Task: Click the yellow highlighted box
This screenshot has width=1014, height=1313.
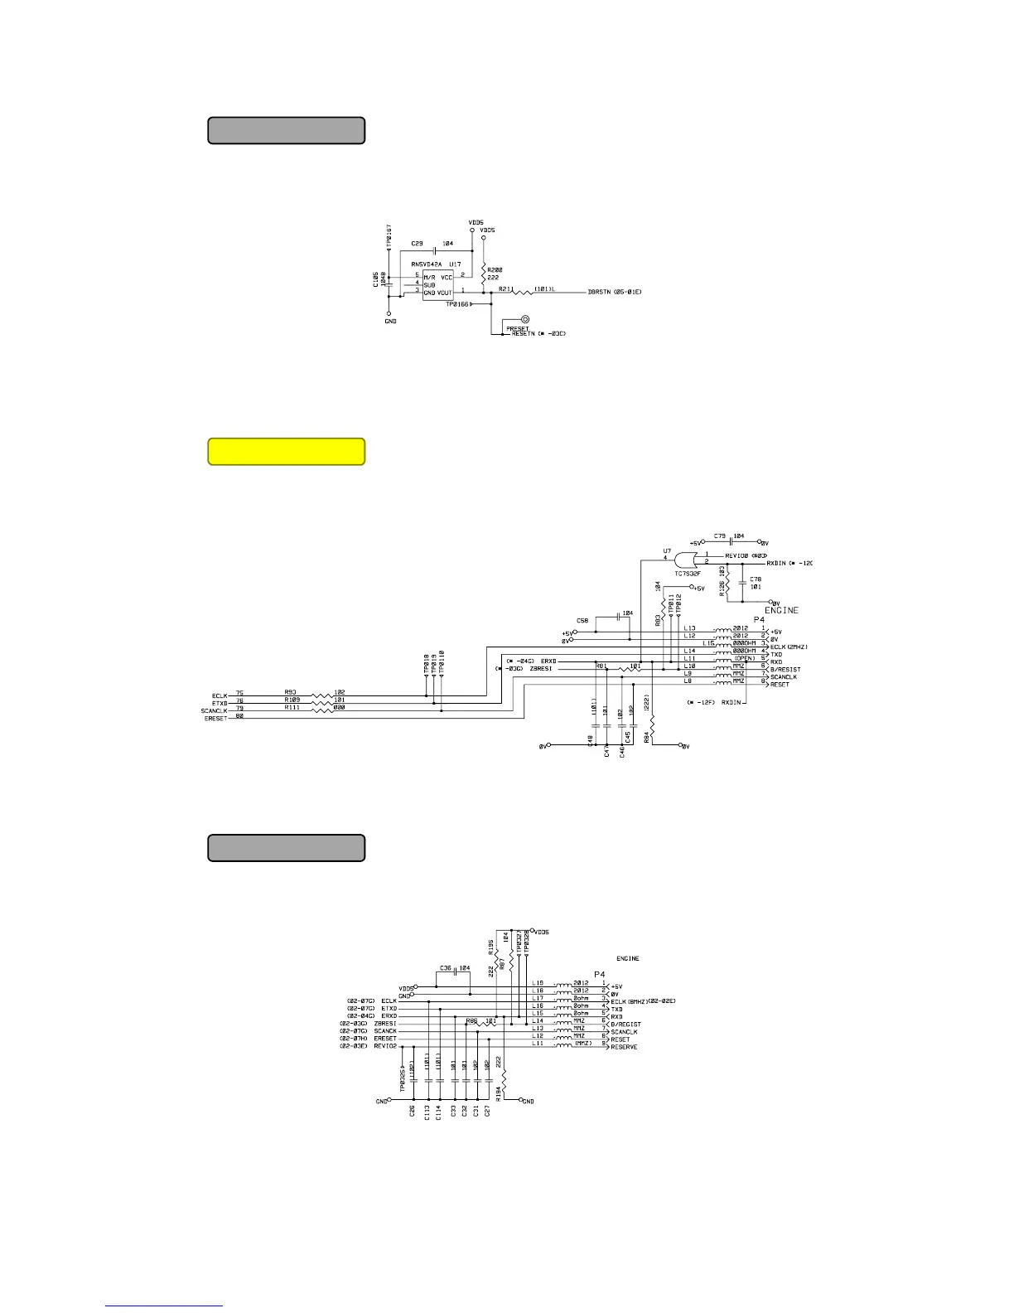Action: (x=286, y=452)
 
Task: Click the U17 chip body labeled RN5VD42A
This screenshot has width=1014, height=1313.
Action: (x=437, y=284)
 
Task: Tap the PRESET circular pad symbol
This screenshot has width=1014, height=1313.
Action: (x=525, y=319)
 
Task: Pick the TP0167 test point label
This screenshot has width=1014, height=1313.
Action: (x=389, y=233)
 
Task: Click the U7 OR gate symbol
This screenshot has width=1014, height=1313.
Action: (x=688, y=559)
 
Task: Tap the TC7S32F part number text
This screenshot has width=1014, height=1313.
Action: (x=688, y=573)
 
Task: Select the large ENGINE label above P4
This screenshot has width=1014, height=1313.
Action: (x=781, y=610)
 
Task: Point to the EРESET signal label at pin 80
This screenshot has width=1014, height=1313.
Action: (x=215, y=719)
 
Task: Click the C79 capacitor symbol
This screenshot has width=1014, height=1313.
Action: (x=731, y=543)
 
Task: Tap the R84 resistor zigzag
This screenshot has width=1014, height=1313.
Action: (x=653, y=727)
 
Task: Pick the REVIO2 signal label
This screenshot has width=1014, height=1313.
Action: (x=384, y=1046)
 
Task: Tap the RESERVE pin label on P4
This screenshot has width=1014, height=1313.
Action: (x=626, y=1047)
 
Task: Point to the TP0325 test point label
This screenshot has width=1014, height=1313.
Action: (x=403, y=1079)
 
